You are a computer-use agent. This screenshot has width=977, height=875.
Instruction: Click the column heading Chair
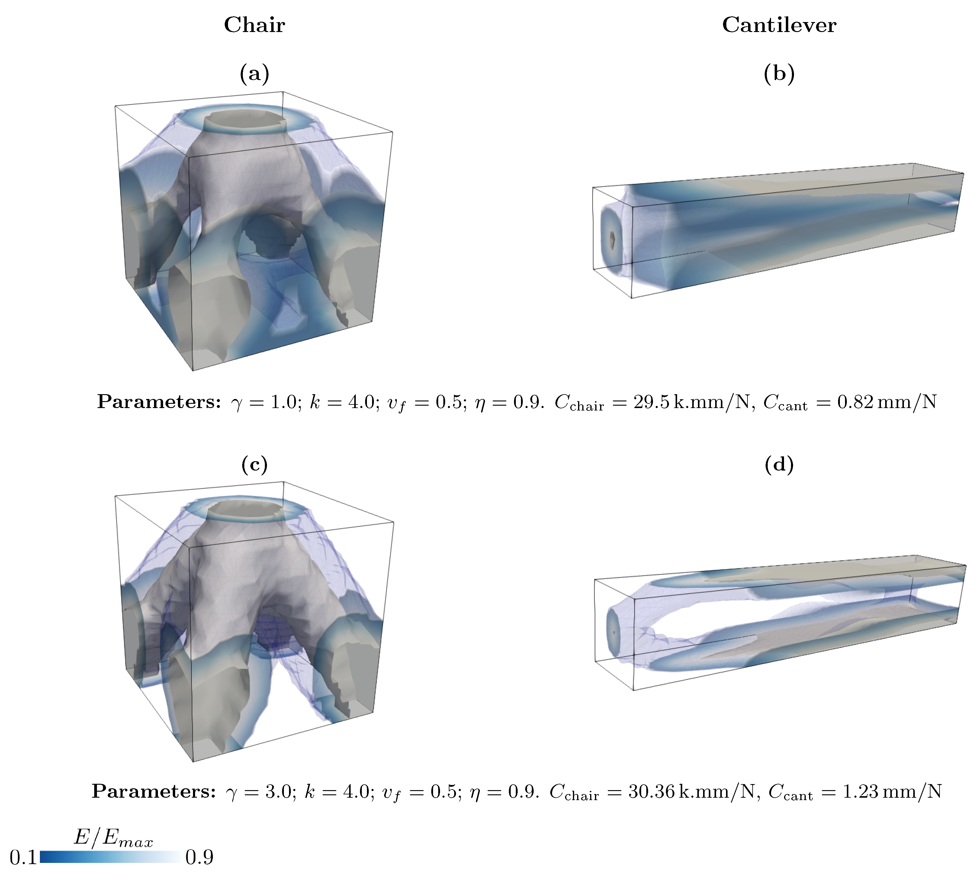click(254, 25)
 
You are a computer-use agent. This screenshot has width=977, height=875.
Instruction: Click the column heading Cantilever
click(779, 25)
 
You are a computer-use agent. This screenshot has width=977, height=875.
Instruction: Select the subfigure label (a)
click(254, 74)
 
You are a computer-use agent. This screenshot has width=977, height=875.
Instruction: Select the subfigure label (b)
click(779, 74)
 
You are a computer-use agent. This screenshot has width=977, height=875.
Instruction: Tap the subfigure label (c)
click(254, 465)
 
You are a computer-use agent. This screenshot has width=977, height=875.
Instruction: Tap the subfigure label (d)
click(779, 465)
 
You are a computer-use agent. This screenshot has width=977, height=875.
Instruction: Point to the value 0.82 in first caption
click(855, 402)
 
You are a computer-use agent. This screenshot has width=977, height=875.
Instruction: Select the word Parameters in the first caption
click(159, 402)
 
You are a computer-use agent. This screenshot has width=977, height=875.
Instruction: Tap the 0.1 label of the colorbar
click(23, 857)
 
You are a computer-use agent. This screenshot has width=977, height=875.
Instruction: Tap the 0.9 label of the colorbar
click(199, 857)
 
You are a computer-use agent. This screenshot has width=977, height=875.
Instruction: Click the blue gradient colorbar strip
click(111, 857)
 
